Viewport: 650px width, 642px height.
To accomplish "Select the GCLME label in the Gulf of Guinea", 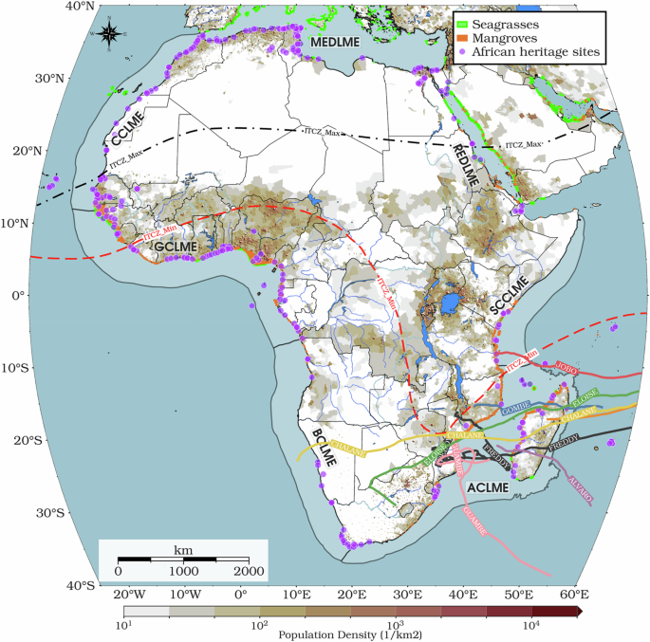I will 176,246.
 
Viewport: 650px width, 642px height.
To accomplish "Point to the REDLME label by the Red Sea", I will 466,163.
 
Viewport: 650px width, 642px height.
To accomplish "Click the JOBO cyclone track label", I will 566,367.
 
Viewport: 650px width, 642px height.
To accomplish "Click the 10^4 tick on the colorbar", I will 529,627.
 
